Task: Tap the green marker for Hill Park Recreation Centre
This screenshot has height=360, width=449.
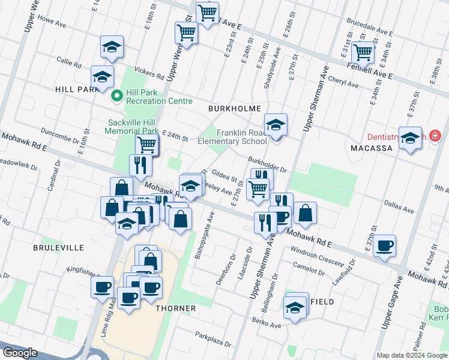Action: coord(117,94)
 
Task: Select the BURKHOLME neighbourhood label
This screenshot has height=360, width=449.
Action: coord(234,109)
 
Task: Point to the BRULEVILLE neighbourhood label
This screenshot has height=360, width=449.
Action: coord(58,247)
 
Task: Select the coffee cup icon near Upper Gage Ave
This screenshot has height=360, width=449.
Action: coord(384,245)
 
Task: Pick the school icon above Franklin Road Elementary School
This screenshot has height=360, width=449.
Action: coord(276,124)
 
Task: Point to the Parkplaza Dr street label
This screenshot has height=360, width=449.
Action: coord(213,340)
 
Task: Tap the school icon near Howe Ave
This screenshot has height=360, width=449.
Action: coord(112,48)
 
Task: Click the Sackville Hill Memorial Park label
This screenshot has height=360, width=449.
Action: coord(131,126)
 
